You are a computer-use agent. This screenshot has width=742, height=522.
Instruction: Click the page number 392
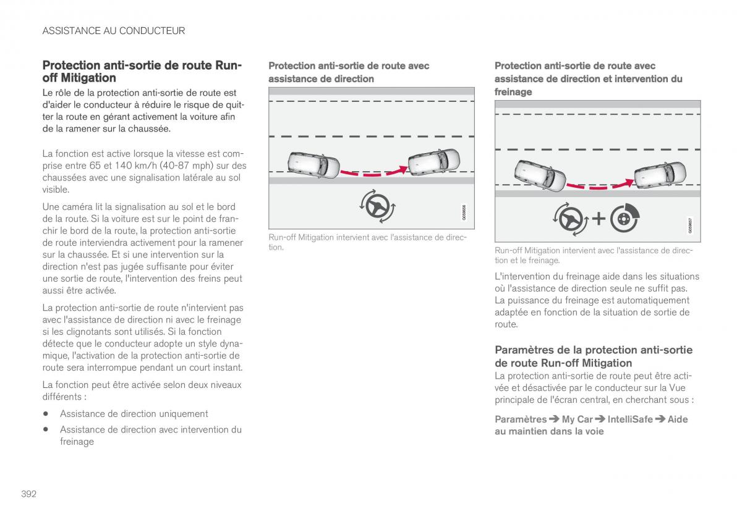pyautogui.click(x=28, y=494)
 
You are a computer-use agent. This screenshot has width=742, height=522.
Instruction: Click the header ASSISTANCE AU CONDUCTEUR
pyautogui.click(x=113, y=30)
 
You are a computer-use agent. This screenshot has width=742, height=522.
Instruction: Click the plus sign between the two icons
pyautogui.click(x=599, y=217)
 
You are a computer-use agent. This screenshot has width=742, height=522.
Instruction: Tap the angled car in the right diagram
pyautogui.click(x=540, y=175)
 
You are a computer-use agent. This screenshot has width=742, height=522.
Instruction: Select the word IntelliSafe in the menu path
pyautogui.click(x=630, y=419)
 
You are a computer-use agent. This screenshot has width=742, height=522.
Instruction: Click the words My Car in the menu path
pyautogui.click(x=577, y=419)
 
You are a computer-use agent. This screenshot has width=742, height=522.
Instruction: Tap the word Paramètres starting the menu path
pyautogui.click(x=521, y=419)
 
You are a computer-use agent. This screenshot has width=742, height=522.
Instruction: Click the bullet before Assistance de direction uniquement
pyautogui.click(x=46, y=414)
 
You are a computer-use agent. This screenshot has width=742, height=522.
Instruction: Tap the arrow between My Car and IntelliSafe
pyautogui.click(x=600, y=419)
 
